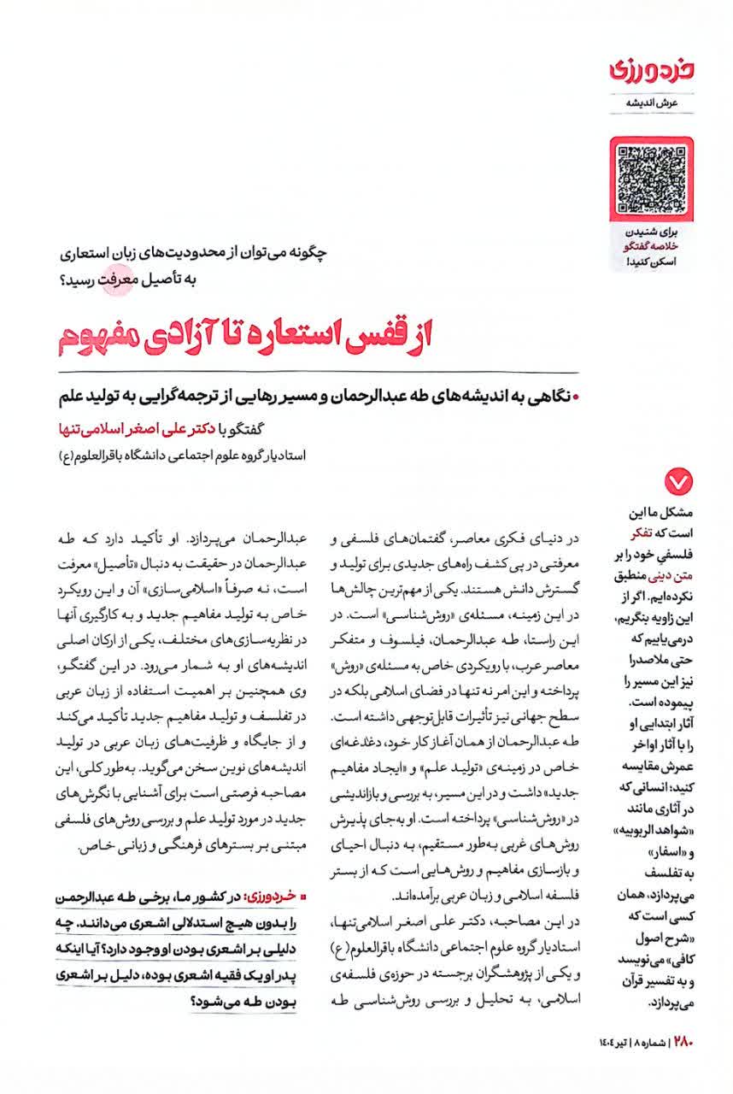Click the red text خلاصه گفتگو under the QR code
657,247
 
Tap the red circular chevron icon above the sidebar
677,484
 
